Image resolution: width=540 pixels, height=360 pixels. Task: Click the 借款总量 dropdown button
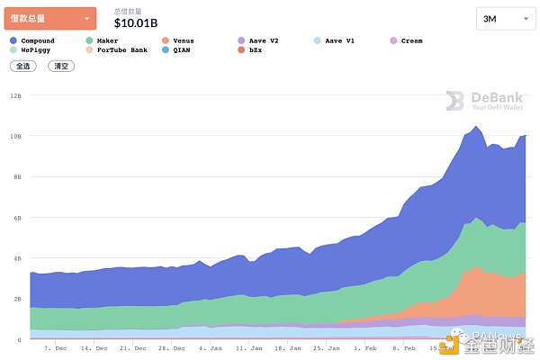coord(49,18)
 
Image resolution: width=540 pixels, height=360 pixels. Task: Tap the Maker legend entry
coord(107,40)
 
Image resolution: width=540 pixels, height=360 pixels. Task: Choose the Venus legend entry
coord(183,40)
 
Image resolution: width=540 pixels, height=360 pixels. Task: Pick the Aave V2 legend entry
coord(262,40)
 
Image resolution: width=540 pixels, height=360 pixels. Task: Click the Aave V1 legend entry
coord(337,40)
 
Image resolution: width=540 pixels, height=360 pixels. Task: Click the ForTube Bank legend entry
coord(121,50)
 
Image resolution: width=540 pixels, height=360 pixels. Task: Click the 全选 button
coord(22,66)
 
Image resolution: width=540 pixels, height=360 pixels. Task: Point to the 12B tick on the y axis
coord(15,94)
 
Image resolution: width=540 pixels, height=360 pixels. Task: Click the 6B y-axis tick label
coord(15,217)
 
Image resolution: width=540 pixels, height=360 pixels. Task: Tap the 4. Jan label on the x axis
coord(210,346)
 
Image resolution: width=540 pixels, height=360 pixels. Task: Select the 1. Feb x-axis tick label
coord(365,346)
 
